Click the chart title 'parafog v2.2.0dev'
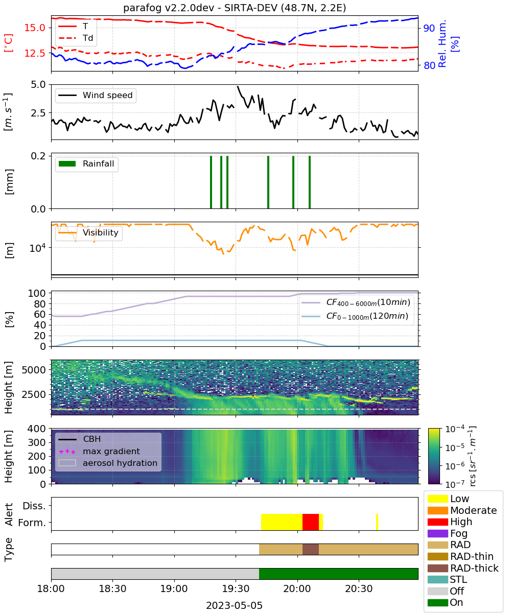169,8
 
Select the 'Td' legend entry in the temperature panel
76,38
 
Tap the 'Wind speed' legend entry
96,95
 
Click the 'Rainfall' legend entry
86,163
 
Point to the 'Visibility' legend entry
88,232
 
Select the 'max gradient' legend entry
100,451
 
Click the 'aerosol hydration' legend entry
108,463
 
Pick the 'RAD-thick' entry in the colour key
462,568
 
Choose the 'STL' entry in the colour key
447,579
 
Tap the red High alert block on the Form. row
310,522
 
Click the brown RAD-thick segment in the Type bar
310,549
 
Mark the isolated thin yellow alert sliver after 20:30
377,522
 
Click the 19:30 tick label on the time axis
236,588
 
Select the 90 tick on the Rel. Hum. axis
429,28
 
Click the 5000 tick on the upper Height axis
34,370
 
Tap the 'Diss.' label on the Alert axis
34,506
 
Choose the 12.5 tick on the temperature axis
35,53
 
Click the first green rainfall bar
211,182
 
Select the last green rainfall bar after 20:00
310,182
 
